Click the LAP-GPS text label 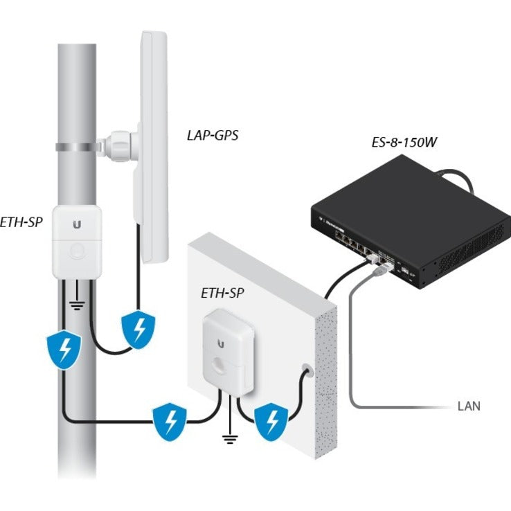coord(212,135)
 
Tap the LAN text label coord(468,406)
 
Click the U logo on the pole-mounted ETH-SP coord(76,224)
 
